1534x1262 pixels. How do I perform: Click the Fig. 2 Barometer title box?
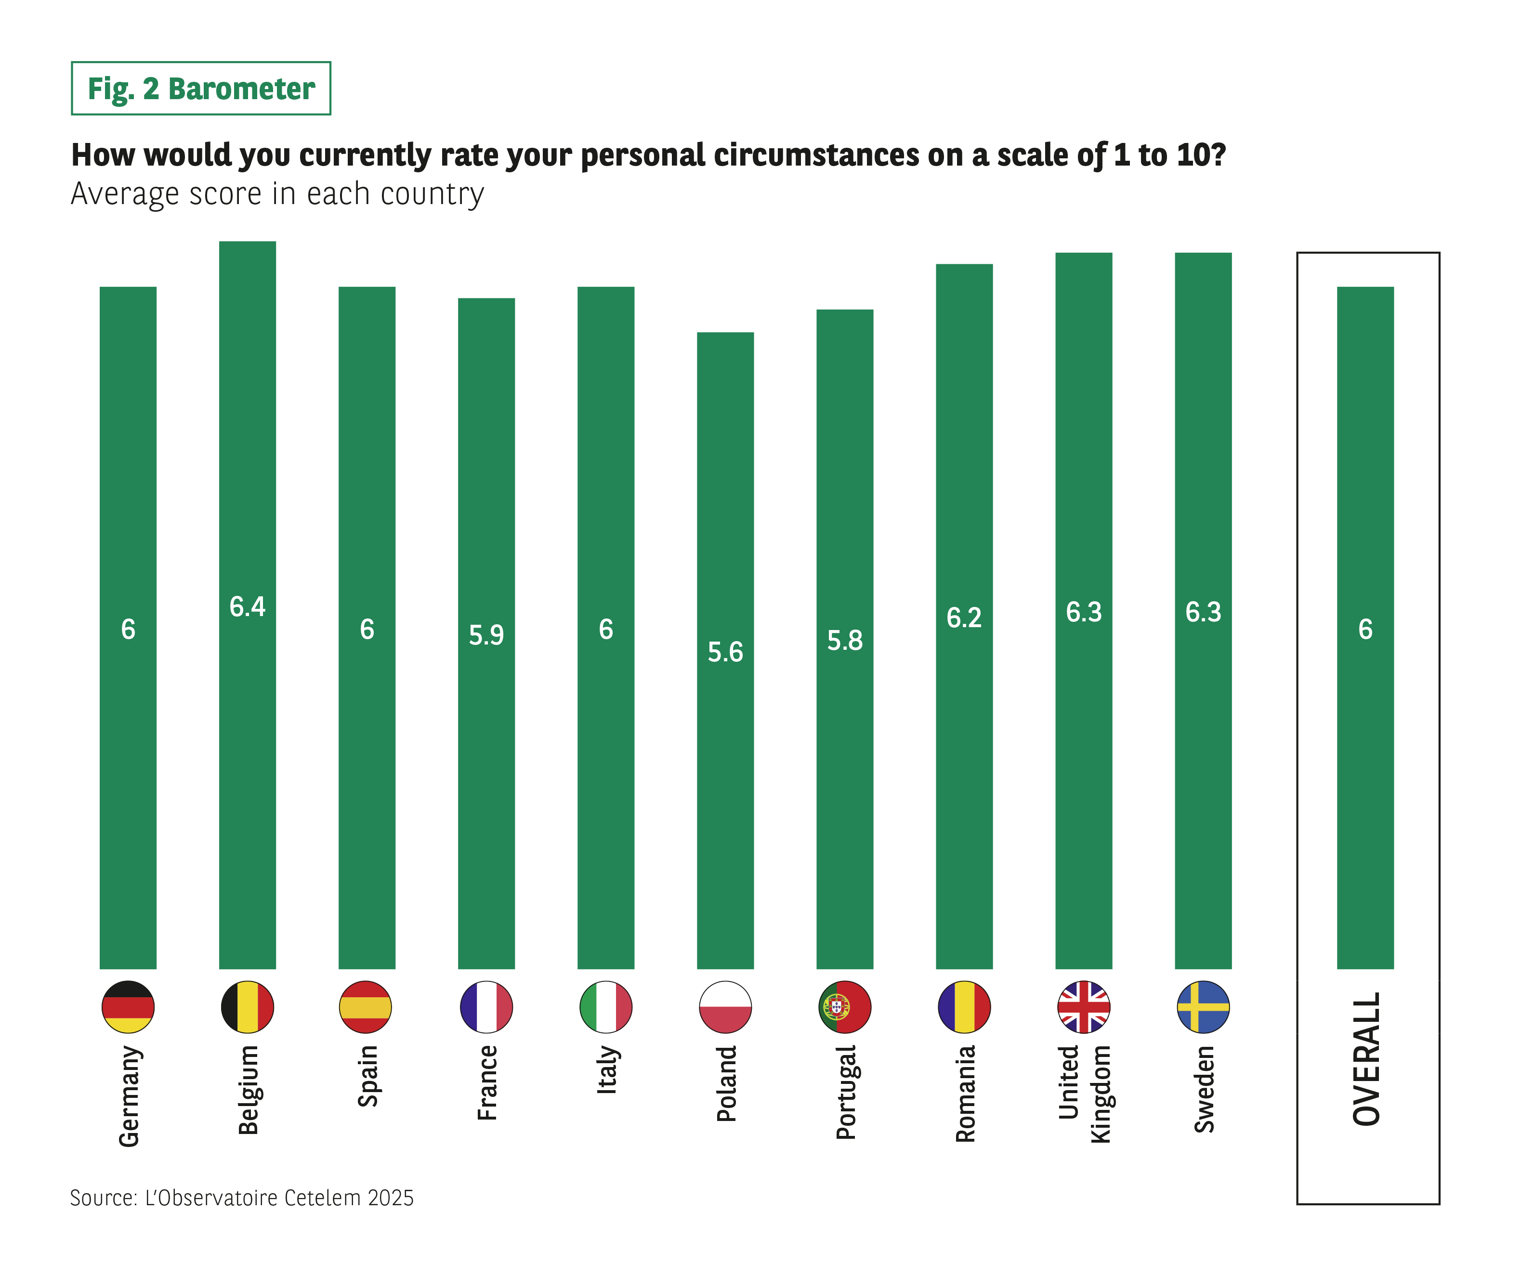[201, 89]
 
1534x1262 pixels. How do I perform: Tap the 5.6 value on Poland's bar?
[725, 652]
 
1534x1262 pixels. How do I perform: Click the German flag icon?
[128, 1007]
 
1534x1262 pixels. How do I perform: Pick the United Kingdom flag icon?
[1084, 1007]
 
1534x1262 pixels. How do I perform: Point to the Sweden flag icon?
[1203, 1007]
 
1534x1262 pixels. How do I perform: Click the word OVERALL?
[1366, 1059]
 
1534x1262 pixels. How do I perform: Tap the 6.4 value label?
[247, 606]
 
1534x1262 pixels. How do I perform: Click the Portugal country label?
[845, 1092]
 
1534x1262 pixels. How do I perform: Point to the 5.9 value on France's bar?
[486, 635]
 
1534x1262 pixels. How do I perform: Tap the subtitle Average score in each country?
[277, 194]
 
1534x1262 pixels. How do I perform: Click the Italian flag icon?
[606, 1007]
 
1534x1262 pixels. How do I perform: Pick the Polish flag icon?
[725, 1007]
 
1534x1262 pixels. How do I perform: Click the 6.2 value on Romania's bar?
[964, 618]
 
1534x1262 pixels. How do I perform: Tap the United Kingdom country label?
[1084, 1094]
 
